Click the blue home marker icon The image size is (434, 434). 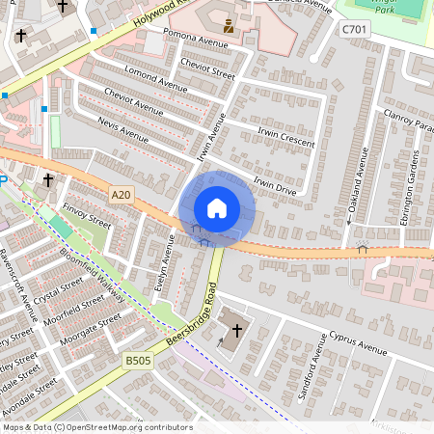click(x=217, y=208)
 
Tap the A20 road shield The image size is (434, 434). click(x=121, y=195)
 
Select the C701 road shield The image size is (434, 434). click(x=354, y=30)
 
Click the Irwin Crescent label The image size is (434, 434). click(x=285, y=136)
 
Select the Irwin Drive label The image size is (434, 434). click(x=275, y=184)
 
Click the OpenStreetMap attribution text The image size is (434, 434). click(x=96, y=427)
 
